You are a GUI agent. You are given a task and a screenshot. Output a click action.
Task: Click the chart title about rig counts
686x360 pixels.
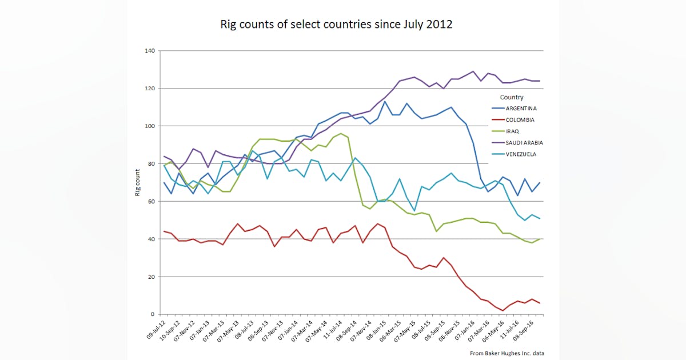(337, 25)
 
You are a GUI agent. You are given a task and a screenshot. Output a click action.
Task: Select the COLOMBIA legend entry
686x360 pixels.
(519, 120)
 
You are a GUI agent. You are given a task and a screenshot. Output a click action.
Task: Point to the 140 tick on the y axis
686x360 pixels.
(150, 51)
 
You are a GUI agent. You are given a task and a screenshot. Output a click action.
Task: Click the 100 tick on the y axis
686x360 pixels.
(150, 126)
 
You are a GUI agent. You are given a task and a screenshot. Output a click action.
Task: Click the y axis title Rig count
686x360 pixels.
(138, 183)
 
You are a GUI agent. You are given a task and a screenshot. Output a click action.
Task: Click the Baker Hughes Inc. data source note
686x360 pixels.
(506, 353)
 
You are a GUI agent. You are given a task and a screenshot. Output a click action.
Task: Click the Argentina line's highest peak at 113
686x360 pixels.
(385, 102)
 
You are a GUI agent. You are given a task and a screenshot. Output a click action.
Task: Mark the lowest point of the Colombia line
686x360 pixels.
(502, 311)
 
